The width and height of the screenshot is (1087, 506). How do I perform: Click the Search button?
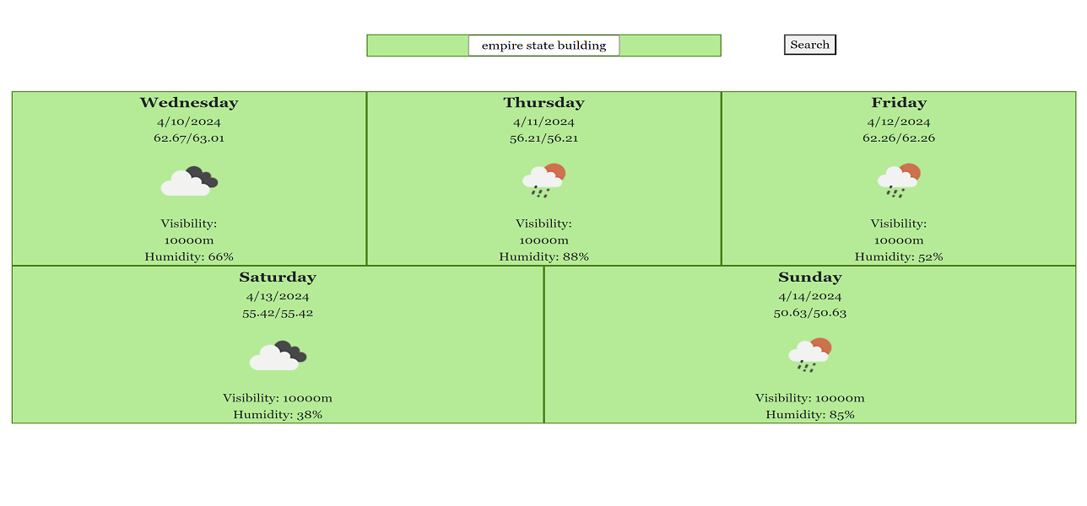[810, 45]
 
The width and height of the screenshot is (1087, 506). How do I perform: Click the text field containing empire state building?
[543, 46]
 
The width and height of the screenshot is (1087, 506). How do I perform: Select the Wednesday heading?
[189, 102]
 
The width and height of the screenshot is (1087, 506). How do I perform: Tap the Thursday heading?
[544, 102]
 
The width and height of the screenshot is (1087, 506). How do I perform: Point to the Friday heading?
[899, 102]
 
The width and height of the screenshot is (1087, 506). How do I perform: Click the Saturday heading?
[278, 277]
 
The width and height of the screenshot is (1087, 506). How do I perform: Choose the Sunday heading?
[810, 277]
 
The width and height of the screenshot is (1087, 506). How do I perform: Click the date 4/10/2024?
[189, 121]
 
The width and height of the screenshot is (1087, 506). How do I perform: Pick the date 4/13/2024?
[278, 296]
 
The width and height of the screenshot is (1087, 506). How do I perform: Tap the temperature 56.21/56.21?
[544, 138]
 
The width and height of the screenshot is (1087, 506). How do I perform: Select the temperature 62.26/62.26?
[899, 138]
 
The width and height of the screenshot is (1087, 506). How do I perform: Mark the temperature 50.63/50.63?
[810, 313]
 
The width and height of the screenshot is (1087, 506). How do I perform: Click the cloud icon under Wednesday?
[189, 181]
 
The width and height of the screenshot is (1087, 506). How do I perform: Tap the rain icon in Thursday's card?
[544, 180]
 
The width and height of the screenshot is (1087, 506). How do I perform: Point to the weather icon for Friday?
[899, 180]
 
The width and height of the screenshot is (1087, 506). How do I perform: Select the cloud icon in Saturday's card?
[278, 356]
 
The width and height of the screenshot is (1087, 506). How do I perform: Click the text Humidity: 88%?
[544, 256]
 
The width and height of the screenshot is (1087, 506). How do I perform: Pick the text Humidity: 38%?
[278, 415]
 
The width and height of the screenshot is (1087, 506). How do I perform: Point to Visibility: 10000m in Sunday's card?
[810, 398]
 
